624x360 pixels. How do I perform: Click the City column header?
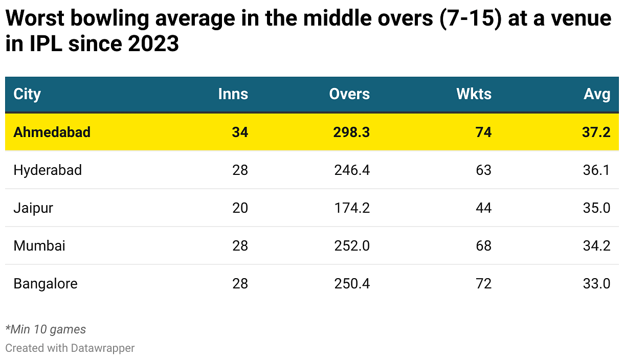pos(27,94)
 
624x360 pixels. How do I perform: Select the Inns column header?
pos(233,94)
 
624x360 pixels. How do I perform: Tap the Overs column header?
pos(349,94)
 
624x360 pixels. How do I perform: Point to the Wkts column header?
pos(474,94)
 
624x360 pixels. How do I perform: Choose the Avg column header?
pos(597,94)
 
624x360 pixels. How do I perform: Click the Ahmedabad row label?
pos(52,132)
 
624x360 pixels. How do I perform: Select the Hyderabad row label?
pos(48,170)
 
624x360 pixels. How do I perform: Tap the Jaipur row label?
pos(33,208)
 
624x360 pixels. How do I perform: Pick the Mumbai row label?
pos(39,245)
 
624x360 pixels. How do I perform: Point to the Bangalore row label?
pos(46,283)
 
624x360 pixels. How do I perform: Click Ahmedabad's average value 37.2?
pos(596,132)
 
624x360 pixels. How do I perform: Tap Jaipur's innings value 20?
pos(240,208)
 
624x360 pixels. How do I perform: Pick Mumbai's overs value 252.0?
pos(352,245)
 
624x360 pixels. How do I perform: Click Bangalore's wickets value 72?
pos(483,283)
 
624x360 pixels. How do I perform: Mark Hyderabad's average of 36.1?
pos(596,170)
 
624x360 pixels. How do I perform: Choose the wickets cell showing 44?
pos(483,208)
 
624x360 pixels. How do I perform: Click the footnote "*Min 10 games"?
pos(46,329)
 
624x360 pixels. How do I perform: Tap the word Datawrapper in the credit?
pos(102,348)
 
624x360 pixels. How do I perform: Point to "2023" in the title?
pos(153,43)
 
